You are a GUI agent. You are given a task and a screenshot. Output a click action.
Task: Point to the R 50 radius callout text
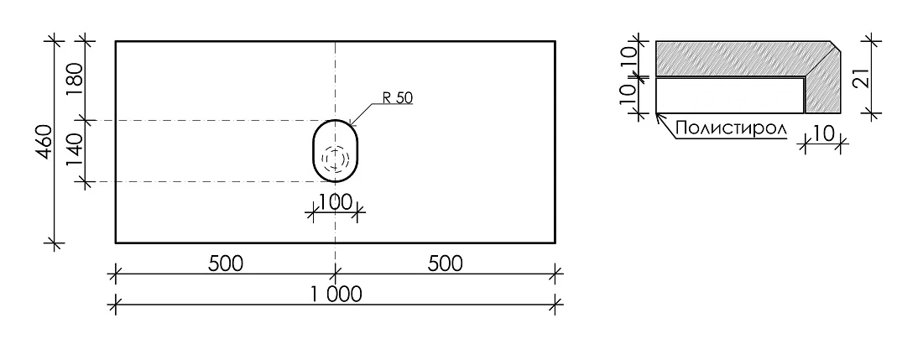click(x=397, y=98)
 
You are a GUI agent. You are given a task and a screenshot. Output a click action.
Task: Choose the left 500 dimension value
click(x=226, y=264)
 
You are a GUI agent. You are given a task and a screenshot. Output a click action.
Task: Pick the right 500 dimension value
click(x=446, y=264)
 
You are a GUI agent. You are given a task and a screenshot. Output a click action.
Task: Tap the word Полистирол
click(x=732, y=129)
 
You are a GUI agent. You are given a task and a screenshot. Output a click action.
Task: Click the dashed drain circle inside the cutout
click(x=336, y=158)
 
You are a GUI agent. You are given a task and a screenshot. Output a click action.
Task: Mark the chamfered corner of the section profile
click(x=836, y=46)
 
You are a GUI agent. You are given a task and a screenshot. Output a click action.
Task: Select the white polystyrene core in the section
click(x=730, y=96)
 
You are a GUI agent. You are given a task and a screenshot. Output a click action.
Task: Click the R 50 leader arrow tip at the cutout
click(x=350, y=124)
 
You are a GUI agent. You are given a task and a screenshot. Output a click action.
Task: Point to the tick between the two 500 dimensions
click(x=336, y=273)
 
